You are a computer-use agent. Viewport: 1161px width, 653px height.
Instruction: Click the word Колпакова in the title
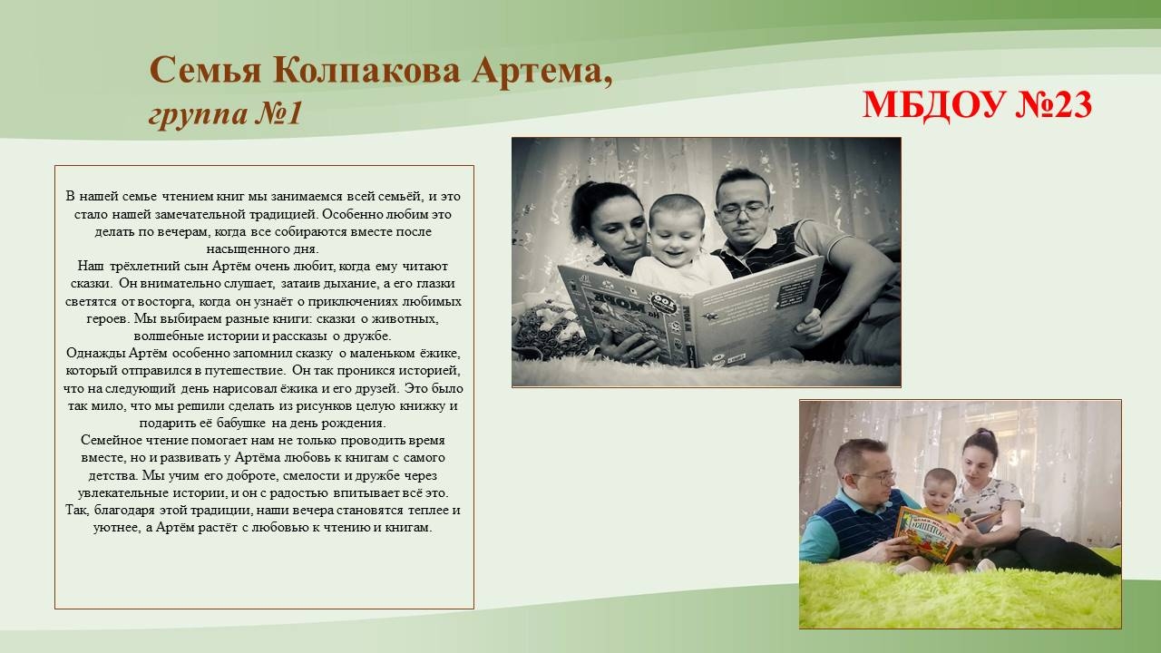(366, 71)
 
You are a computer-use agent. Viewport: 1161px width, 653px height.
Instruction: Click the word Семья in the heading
(206, 71)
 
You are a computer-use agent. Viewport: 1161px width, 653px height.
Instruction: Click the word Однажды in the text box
(95, 354)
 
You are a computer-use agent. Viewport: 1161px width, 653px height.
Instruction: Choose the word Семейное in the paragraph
(108, 441)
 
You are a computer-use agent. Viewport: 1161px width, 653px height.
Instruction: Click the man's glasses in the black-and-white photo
(742, 212)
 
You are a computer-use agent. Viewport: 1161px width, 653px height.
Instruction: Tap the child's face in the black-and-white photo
(678, 237)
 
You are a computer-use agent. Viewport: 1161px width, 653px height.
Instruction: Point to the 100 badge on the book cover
(663, 303)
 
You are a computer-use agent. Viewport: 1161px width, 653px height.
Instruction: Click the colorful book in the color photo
(926, 534)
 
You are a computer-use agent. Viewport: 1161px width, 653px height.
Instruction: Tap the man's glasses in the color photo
(873, 476)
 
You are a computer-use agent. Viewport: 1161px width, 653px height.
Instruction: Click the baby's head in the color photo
(939, 489)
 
